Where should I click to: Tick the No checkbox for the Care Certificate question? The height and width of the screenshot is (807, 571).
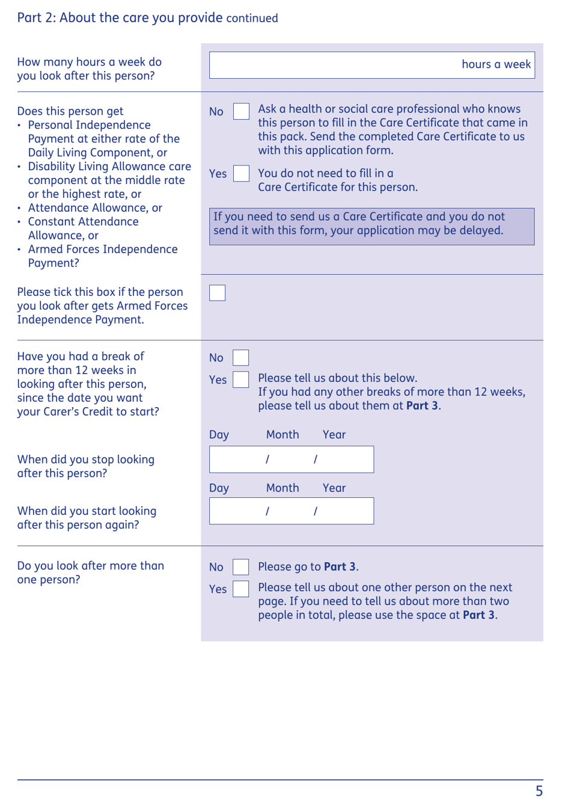click(x=241, y=111)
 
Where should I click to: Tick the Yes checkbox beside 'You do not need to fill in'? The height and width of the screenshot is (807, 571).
click(x=241, y=174)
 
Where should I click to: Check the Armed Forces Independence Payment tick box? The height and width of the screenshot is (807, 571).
click(x=218, y=293)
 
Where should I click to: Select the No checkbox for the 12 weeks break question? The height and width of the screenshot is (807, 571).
click(x=241, y=358)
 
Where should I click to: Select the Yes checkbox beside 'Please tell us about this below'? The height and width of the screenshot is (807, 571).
click(x=241, y=379)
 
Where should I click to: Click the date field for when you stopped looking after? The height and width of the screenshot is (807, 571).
click(x=292, y=459)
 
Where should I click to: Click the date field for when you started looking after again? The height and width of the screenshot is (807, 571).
click(x=292, y=511)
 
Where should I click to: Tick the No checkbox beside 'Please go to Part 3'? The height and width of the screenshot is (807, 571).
click(x=241, y=567)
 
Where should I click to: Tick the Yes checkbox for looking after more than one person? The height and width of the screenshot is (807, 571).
click(x=241, y=589)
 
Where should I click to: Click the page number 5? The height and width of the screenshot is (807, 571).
click(x=539, y=791)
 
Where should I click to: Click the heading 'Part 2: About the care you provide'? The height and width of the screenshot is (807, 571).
click(x=120, y=17)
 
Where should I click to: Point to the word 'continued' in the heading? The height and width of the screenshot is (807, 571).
click(x=252, y=19)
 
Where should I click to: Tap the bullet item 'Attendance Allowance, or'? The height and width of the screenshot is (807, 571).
click(x=95, y=208)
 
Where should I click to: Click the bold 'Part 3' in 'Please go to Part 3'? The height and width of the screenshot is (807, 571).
click(x=340, y=567)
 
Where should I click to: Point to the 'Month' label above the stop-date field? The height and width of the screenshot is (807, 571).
click(x=282, y=435)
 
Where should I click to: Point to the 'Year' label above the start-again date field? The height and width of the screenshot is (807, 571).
click(x=334, y=488)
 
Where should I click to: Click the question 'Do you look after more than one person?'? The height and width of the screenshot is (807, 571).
click(x=90, y=572)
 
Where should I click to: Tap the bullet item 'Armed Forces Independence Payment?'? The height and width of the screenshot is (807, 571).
click(x=102, y=256)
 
